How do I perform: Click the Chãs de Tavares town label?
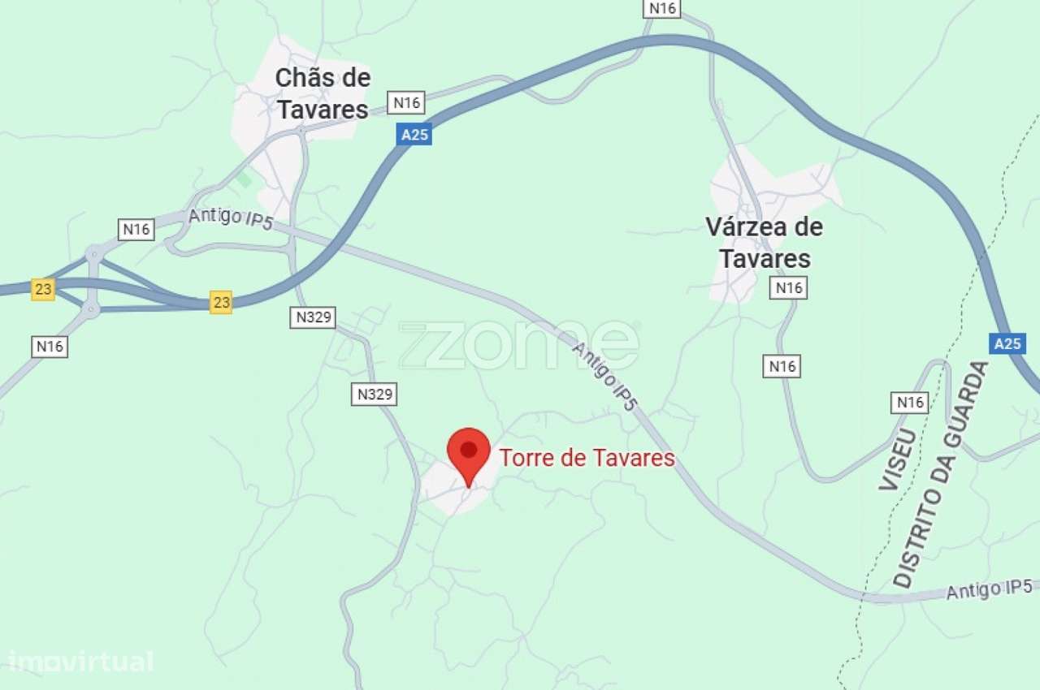coord(323,93)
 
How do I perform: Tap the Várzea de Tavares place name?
coord(764,243)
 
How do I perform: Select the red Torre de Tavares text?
coord(587,459)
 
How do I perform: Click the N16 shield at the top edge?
coord(662,8)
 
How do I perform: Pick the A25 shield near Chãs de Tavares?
coord(414,135)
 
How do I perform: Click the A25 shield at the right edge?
coord(1007,343)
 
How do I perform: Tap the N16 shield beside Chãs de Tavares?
coord(406,102)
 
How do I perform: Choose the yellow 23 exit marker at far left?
coord(43,289)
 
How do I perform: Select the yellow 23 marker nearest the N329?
coord(221,302)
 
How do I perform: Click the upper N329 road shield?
coord(313,317)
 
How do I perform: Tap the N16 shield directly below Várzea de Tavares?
coord(788,287)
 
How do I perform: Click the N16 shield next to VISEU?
coord(909,402)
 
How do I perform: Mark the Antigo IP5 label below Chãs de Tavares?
coord(231,218)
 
